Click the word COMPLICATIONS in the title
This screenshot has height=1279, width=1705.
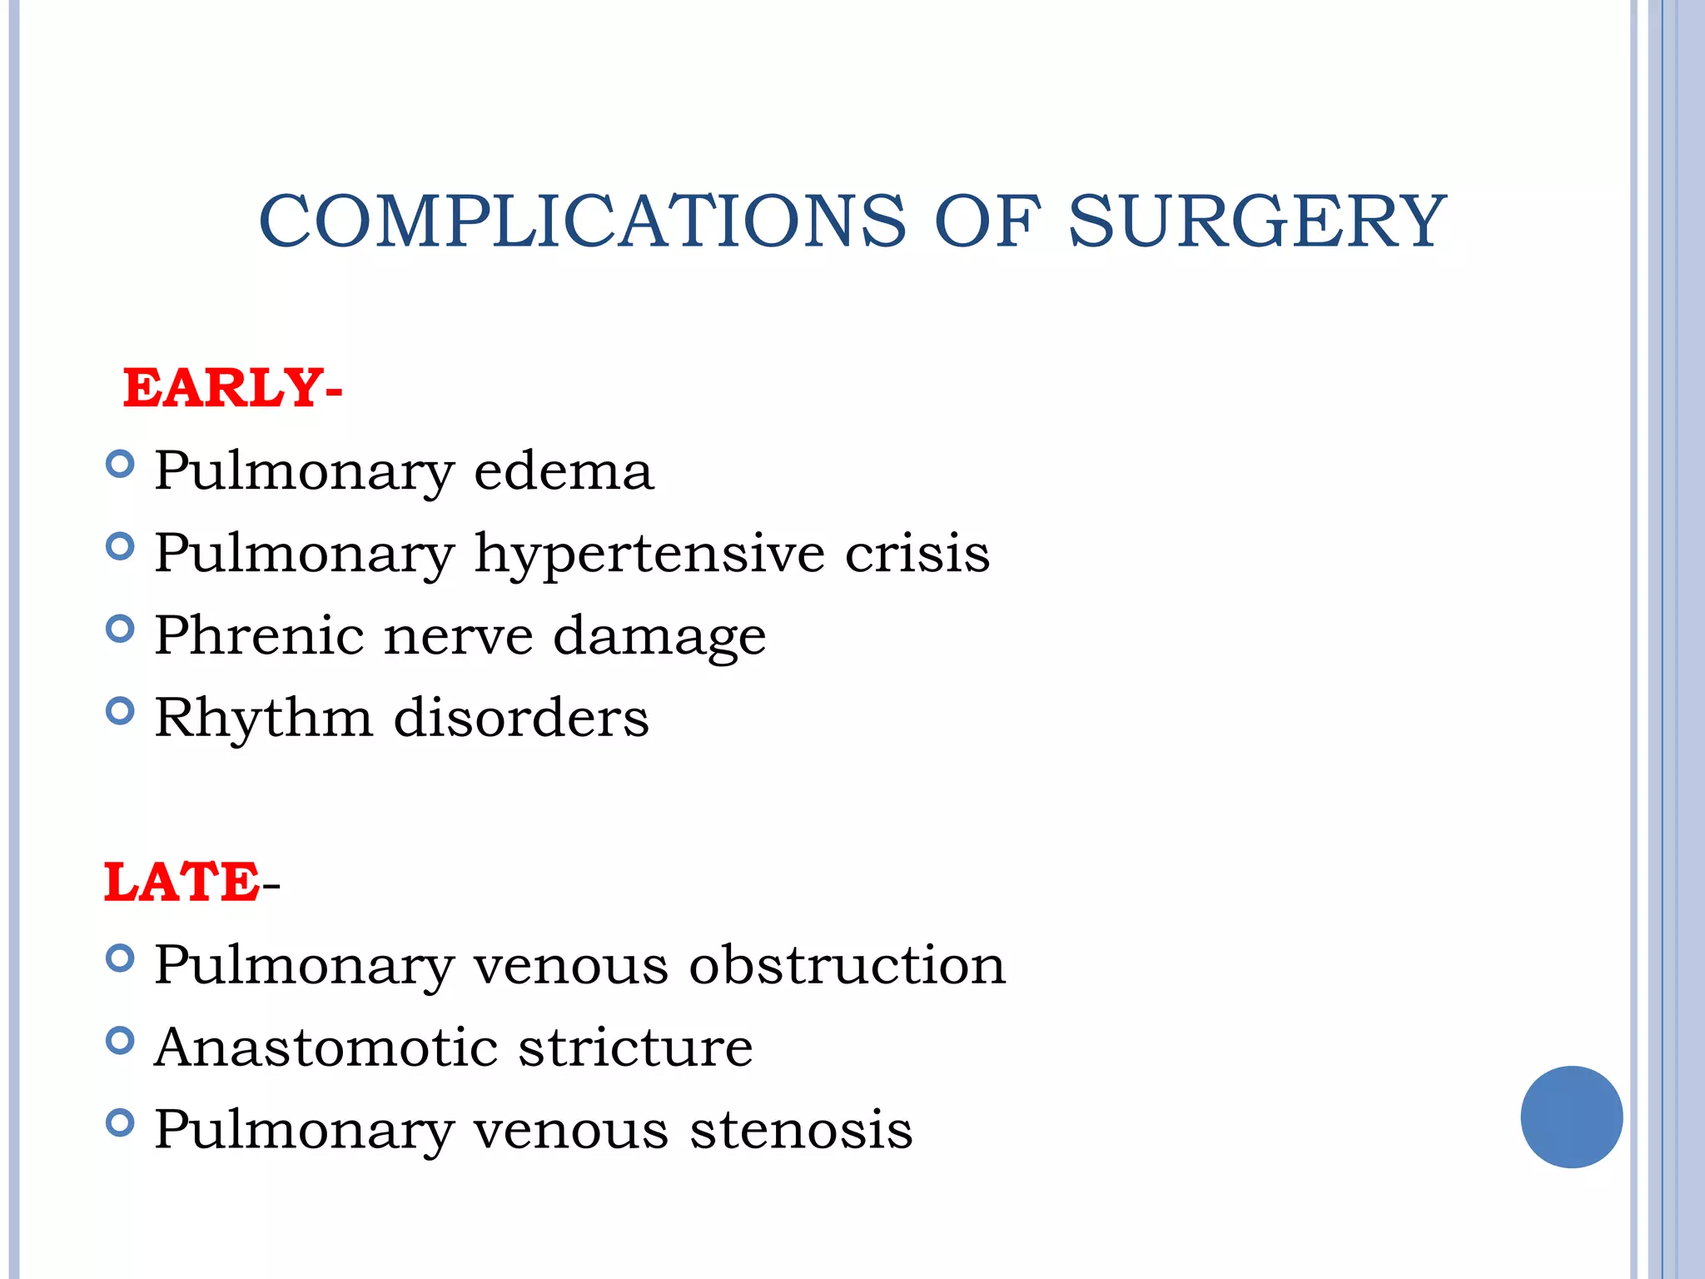(582, 221)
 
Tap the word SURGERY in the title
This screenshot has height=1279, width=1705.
(1257, 221)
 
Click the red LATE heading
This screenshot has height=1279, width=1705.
(181, 882)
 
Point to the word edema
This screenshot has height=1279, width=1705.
(564, 470)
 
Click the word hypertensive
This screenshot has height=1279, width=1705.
(649, 554)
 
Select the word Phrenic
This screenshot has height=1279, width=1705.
(259, 635)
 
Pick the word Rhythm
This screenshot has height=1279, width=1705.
(264, 717)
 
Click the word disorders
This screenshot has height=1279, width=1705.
(521, 717)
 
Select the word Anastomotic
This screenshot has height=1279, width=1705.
(326, 1047)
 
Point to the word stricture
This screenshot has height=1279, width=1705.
(636, 1047)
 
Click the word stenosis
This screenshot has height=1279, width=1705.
(802, 1129)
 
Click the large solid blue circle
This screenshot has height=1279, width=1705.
(1571, 1117)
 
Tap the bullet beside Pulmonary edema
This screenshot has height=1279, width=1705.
(121, 464)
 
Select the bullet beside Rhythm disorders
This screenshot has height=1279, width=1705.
(121, 711)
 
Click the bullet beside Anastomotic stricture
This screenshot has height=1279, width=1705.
(121, 1041)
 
